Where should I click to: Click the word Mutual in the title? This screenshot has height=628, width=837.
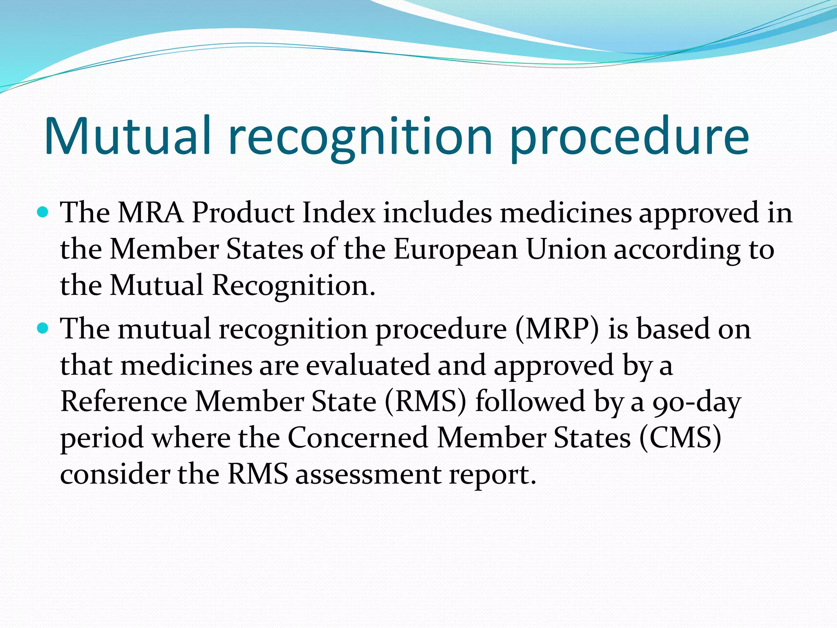(x=128, y=136)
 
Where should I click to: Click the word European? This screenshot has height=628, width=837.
(x=456, y=249)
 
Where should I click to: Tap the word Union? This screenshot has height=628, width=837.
(x=566, y=249)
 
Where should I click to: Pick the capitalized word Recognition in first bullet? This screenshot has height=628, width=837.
(x=293, y=285)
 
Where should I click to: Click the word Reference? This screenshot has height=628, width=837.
(x=124, y=401)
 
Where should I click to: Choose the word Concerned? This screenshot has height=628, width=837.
(x=358, y=438)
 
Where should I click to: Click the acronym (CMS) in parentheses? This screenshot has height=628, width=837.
(x=680, y=438)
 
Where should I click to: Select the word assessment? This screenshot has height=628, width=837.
(x=368, y=475)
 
